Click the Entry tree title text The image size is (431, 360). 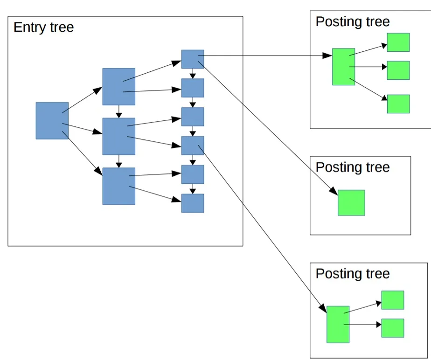pyautogui.click(x=43, y=27)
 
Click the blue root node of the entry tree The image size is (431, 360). pyautogui.click(x=52, y=121)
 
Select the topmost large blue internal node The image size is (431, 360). pyautogui.click(x=119, y=87)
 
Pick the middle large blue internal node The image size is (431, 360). pyautogui.click(x=119, y=136)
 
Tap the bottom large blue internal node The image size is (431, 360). pyautogui.click(x=119, y=186)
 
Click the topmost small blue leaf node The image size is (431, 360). pyautogui.click(x=193, y=59)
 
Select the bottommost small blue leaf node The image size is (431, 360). pyautogui.click(x=193, y=203)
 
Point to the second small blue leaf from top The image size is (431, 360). pyautogui.click(x=193, y=88)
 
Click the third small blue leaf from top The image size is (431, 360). pyautogui.click(x=193, y=117)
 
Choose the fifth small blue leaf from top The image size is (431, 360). pyautogui.click(x=193, y=174)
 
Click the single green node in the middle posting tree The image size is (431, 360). pyautogui.click(x=351, y=202)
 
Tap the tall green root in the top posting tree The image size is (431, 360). pyautogui.click(x=343, y=67)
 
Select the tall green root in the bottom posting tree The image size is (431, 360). pyautogui.click(x=338, y=324)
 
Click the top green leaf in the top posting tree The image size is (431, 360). pyautogui.click(x=398, y=42)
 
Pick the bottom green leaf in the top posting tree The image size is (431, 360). pyautogui.click(x=398, y=104)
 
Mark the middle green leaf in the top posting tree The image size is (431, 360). pyautogui.click(x=398, y=70)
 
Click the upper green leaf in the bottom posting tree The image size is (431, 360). pyautogui.click(x=393, y=300)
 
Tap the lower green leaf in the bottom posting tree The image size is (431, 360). pyautogui.click(x=393, y=328)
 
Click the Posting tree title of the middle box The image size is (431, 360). pyautogui.click(x=353, y=167)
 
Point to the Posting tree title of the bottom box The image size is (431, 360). pyautogui.click(x=353, y=273)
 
